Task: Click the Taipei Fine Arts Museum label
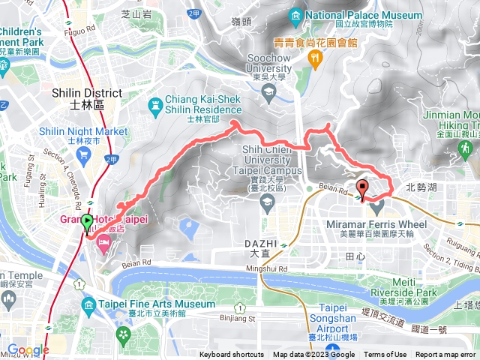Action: tap(158, 304)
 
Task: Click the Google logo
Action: tap(28, 350)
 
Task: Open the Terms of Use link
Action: tap(385, 355)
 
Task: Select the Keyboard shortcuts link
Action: tap(231, 355)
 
